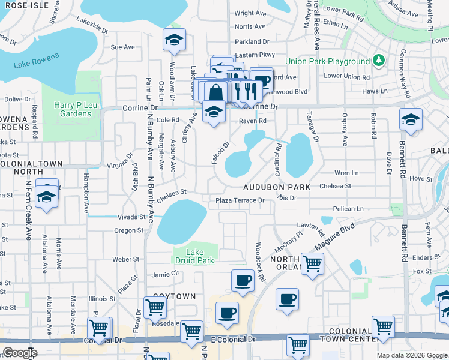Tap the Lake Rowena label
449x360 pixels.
pyautogui.click(x=37, y=61)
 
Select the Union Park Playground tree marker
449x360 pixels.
pyautogui.click(x=378, y=61)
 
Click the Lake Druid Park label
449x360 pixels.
pyautogui.click(x=194, y=256)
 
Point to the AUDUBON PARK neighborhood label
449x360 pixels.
pyautogui.click(x=277, y=187)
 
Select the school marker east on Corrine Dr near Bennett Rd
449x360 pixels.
pyautogui.click(x=411, y=119)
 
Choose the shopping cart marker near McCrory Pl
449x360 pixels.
pyautogui.click(x=312, y=263)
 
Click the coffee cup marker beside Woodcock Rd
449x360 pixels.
pyautogui.click(x=243, y=280)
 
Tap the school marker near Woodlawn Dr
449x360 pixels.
pyautogui.click(x=174, y=40)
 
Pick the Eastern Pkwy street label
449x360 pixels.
pyautogui.click(x=255, y=55)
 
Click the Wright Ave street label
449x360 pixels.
pyautogui.click(x=250, y=13)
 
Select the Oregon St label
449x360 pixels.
pyautogui.click(x=128, y=230)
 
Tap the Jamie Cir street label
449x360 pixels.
pyautogui.click(x=165, y=274)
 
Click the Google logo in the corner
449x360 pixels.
pyautogui.click(x=20, y=353)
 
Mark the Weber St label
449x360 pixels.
pyautogui.click(x=126, y=259)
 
